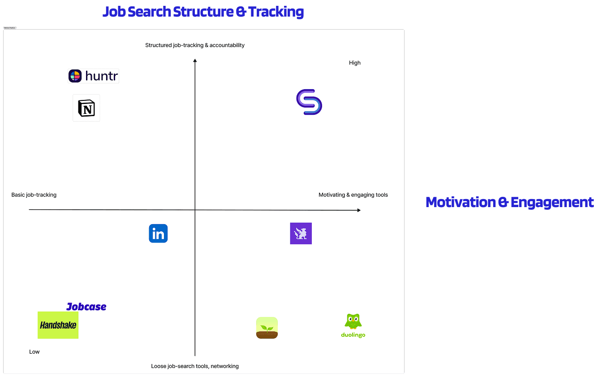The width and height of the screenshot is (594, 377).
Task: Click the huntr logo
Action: coord(94,76)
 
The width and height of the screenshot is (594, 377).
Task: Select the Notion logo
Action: coord(86,108)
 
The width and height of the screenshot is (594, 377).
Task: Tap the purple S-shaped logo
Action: coord(309,102)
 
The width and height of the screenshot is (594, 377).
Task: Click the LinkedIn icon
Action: coord(158,234)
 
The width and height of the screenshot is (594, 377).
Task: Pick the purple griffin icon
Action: coord(301,234)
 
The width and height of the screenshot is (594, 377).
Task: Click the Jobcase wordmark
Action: coord(86,307)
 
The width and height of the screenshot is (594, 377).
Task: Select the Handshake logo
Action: coord(58,325)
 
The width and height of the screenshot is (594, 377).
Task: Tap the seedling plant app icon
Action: coord(267,328)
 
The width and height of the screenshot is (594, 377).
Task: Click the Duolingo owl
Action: coord(353,321)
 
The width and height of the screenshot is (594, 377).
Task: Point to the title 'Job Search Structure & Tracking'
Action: coord(203,12)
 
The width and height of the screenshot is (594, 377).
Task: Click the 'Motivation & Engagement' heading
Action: coord(509,202)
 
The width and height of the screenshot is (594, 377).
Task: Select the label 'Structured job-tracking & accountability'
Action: coord(195,45)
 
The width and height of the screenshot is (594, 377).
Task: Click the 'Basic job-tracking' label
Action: coord(34,195)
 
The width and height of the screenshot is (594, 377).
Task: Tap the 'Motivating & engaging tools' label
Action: coord(353,195)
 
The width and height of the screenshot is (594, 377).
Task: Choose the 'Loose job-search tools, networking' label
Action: coord(195,366)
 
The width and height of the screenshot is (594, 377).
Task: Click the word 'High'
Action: coord(355,63)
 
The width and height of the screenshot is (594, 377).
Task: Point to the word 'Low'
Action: coord(34,352)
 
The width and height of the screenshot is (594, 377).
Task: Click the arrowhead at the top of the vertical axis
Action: coord(195,61)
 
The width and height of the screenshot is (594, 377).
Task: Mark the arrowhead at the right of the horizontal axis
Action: coord(358,210)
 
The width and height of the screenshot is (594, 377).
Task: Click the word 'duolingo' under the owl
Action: coord(353,335)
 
